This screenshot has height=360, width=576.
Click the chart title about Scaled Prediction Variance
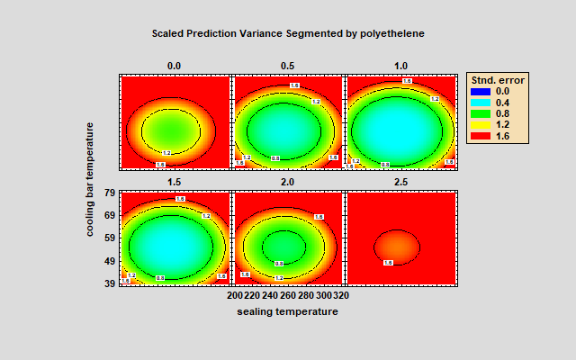point(288,32)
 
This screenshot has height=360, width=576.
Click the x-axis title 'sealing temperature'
point(288,311)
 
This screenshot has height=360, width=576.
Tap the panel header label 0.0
point(175,66)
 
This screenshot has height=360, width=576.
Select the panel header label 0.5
point(288,66)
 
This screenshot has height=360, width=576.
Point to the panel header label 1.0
point(400,66)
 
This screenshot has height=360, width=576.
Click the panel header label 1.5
point(175,181)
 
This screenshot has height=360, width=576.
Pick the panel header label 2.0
point(288,181)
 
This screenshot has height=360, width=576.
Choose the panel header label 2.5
point(400,181)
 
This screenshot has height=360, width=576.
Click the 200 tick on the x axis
point(235,294)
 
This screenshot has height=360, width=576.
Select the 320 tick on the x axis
point(340,294)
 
